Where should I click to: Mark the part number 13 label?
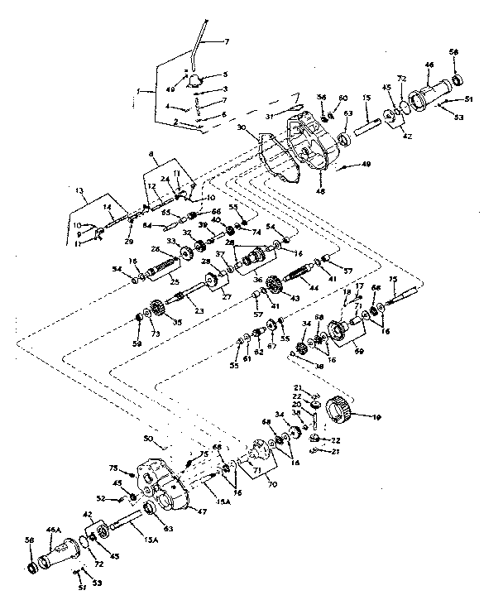79,190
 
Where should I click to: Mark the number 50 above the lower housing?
150,437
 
